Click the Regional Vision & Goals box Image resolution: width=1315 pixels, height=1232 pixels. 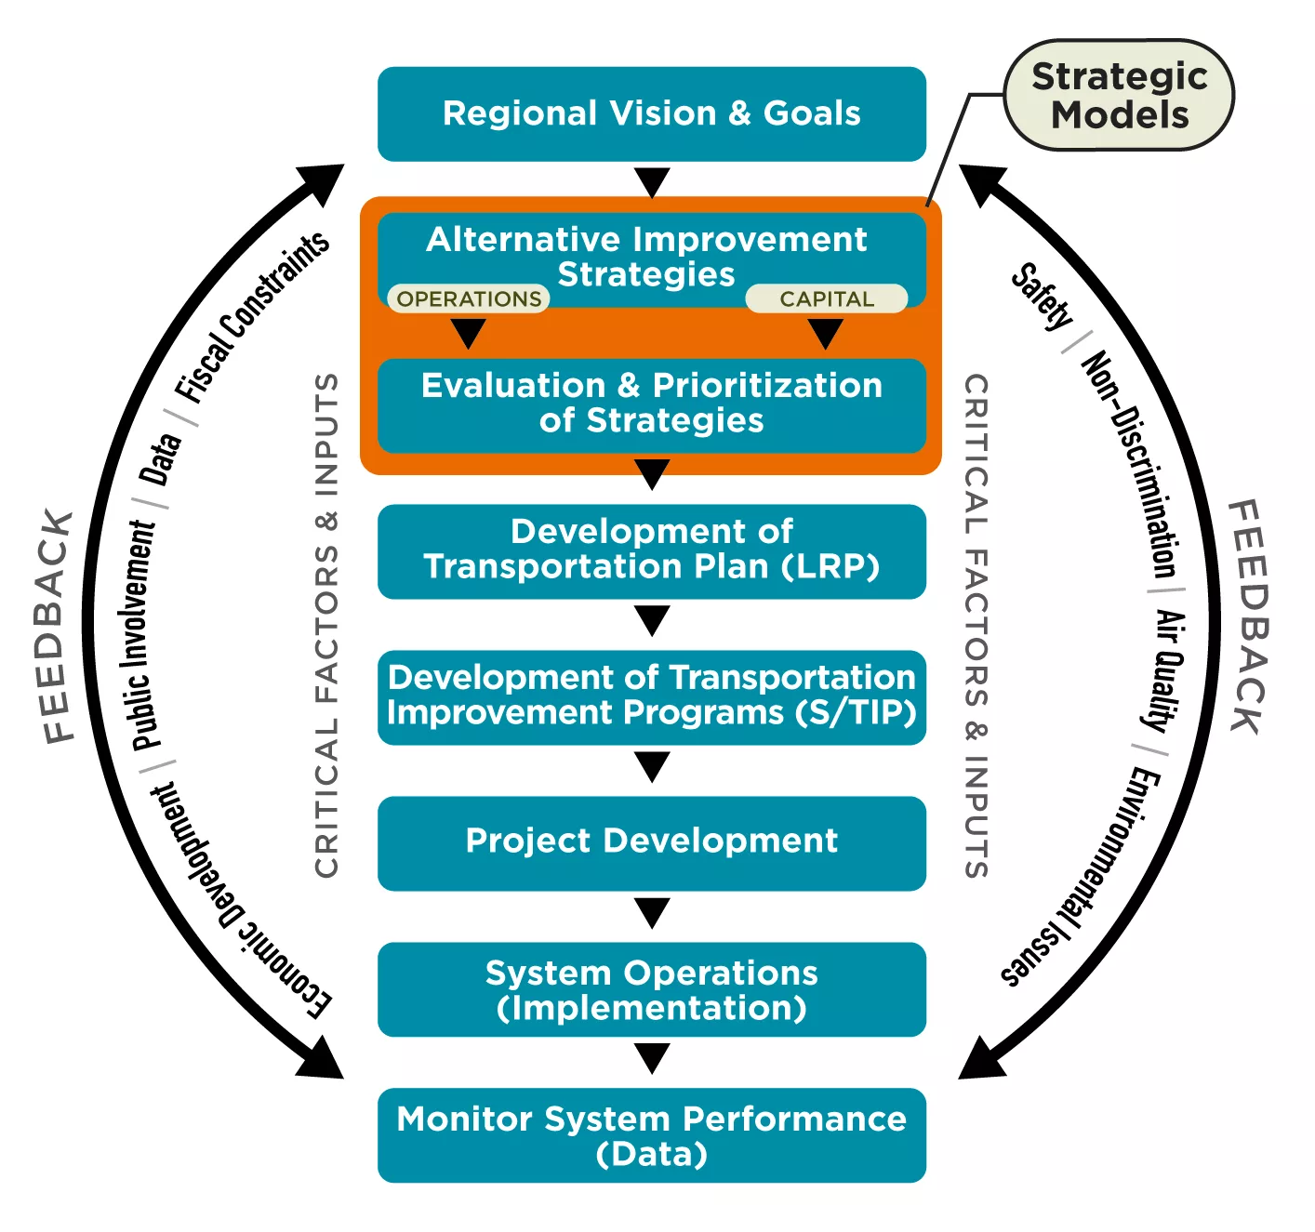pos(651,113)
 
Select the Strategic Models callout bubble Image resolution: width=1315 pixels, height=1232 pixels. pos(1119,95)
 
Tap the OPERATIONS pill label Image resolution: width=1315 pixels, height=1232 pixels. pos(469,298)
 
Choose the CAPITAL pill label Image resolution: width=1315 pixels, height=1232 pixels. pos(826,298)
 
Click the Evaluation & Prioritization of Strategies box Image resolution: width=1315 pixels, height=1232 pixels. pos(651,404)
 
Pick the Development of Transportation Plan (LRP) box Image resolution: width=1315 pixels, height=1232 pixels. pos(651,550)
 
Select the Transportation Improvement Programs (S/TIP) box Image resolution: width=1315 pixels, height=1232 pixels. pos(651,696)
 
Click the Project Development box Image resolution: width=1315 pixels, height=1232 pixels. pos(651,842)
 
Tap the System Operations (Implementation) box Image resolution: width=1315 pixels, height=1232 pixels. pos(651,989)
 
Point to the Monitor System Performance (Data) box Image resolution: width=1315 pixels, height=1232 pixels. pos(651,1135)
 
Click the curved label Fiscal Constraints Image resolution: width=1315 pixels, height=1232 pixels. pos(251,316)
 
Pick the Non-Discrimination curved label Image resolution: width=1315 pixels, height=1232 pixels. pos(1131,464)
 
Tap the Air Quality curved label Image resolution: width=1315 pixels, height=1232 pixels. pos(1167,669)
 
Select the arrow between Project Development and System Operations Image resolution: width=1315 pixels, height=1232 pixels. pos(651,912)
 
